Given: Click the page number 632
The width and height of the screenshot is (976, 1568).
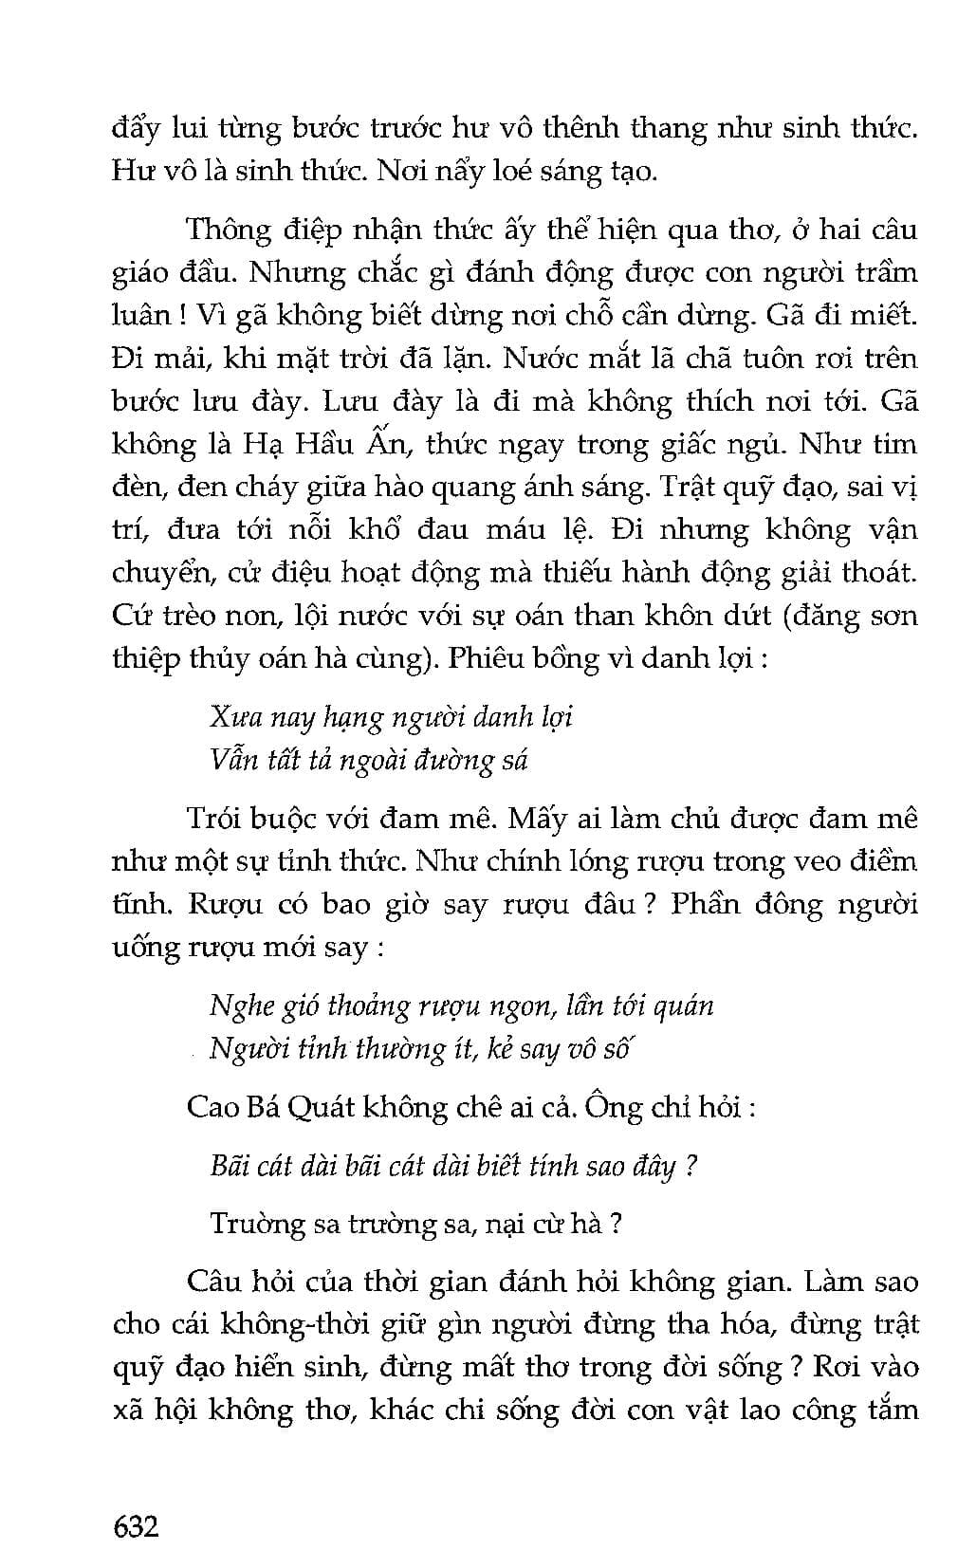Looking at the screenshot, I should click(x=136, y=1526).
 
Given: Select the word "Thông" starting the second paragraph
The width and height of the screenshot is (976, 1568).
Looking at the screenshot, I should click(x=227, y=229).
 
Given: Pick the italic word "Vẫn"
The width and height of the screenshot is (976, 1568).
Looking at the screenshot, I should click(x=230, y=759).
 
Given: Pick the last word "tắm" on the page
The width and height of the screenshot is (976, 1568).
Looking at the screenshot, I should click(x=892, y=1410).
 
